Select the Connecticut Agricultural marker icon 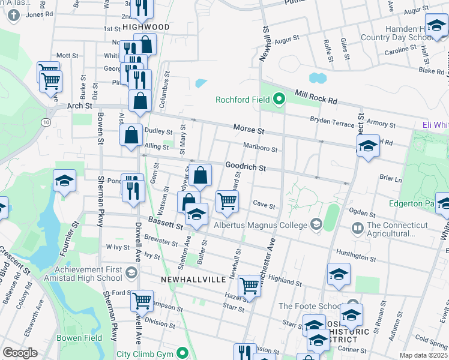[x=358, y=228]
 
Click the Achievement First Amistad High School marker [x=130, y=274]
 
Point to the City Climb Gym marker [x=185, y=353]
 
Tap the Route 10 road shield [x=46, y=122]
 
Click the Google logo [x=20, y=353]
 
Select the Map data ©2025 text [x=423, y=355]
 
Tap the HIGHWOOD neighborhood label [x=145, y=28]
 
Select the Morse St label [x=249, y=130]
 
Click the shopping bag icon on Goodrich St [x=202, y=175]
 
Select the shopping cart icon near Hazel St [x=249, y=286]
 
